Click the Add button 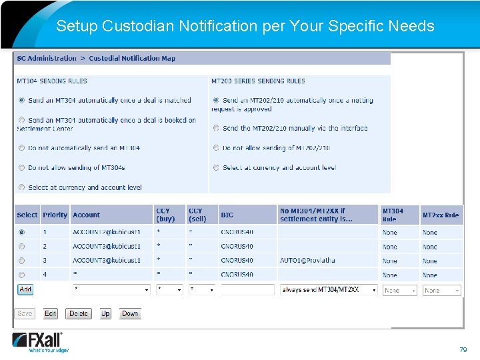tap(25, 289)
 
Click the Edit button tap(51, 313)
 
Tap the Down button tap(130, 313)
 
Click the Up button tap(105, 313)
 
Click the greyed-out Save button tap(25, 313)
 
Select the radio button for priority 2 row tap(21, 247)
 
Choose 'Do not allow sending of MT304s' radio tap(21, 168)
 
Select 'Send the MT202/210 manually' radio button tap(216, 128)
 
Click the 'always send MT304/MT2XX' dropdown tap(329, 290)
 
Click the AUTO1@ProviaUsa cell tap(307, 261)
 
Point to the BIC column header tap(227, 215)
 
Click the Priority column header tap(55, 215)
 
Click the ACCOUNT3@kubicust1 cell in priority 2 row tap(107, 247)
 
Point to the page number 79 tap(463, 349)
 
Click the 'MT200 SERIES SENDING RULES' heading tap(258, 81)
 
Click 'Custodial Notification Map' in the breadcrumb tap(132, 59)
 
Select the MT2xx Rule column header tap(440, 215)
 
